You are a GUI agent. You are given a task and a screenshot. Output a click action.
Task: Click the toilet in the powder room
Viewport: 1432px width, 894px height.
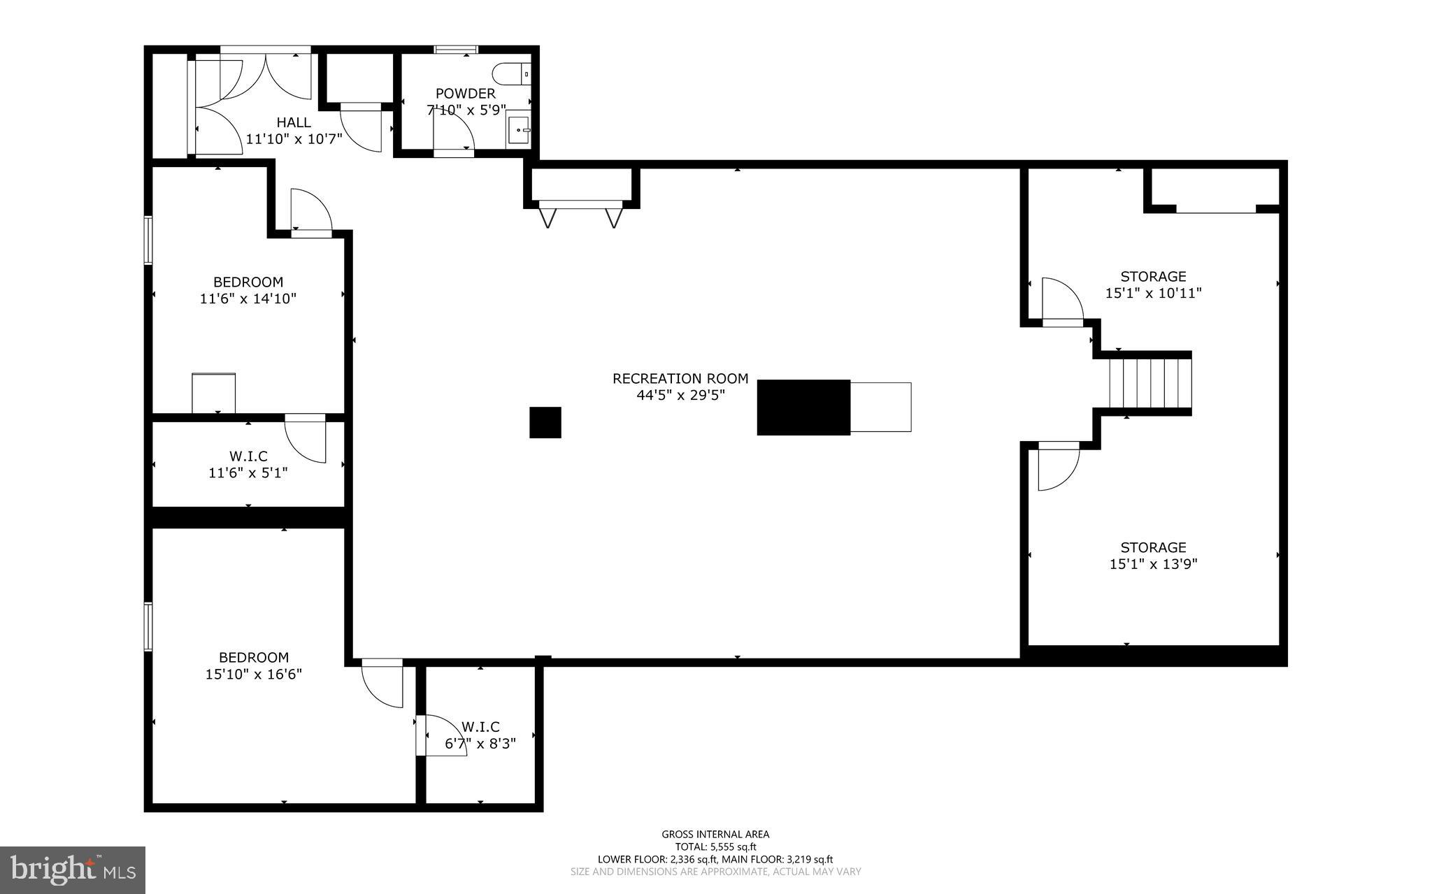point(512,73)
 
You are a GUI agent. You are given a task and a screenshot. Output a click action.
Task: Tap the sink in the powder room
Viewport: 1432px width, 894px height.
point(519,130)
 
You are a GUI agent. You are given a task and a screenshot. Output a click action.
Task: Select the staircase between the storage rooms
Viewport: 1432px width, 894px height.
point(1150,383)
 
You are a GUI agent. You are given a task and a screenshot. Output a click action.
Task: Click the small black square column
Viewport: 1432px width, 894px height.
point(545,422)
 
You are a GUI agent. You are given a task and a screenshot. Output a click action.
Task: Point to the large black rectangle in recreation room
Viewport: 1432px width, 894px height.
point(803,407)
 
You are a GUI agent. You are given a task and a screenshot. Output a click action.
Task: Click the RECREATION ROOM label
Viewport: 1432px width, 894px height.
point(680,378)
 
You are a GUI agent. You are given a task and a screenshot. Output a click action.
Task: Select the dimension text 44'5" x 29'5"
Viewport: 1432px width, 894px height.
point(680,395)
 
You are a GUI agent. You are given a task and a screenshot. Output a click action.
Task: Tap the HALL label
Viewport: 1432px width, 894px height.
point(294,122)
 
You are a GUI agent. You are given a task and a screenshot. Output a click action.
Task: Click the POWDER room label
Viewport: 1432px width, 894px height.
point(465,93)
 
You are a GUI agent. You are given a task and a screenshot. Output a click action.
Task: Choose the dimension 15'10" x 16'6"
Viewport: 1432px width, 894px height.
point(254,675)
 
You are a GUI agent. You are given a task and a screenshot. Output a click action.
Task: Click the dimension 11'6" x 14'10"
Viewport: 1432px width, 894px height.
point(248,299)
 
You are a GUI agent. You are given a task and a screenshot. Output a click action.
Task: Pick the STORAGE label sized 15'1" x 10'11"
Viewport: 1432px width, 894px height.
point(1153,276)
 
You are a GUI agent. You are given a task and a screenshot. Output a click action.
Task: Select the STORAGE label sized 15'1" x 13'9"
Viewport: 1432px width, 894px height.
point(1153,547)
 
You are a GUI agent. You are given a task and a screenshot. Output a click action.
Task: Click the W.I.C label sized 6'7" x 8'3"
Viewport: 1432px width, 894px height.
point(480,727)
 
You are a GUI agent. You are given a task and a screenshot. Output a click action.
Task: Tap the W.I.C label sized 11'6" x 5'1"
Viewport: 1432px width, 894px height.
point(248,456)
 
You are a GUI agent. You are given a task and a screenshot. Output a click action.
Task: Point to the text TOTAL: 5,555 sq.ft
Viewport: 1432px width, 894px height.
point(715,846)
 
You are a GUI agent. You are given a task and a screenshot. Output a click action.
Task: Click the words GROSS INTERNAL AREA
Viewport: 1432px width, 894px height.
point(715,834)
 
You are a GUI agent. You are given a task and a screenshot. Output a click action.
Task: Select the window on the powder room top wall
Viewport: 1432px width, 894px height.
point(455,49)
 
